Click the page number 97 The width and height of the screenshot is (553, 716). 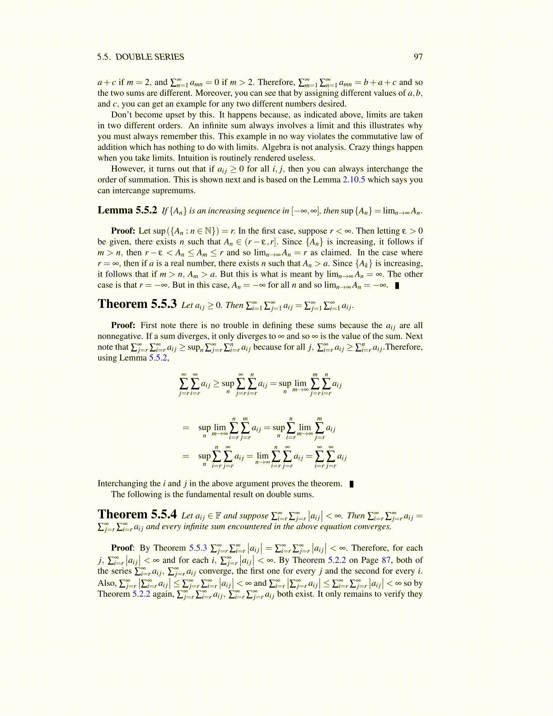click(x=418, y=57)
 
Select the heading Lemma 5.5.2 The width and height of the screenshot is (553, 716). click(x=127, y=210)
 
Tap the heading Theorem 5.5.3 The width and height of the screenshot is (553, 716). click(x=137, y=304)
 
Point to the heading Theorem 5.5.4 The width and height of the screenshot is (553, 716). click(x=137, y=514)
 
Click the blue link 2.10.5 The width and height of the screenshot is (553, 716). click(x=354, y=179)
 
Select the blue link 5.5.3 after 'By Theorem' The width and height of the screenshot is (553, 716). click(x=198, y=548)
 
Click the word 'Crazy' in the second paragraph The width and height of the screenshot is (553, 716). click(x=361, y=147)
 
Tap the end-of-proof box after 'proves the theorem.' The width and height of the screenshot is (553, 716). click(x=351, y=484)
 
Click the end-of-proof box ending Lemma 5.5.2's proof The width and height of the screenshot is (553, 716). click(x=397, y=285)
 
